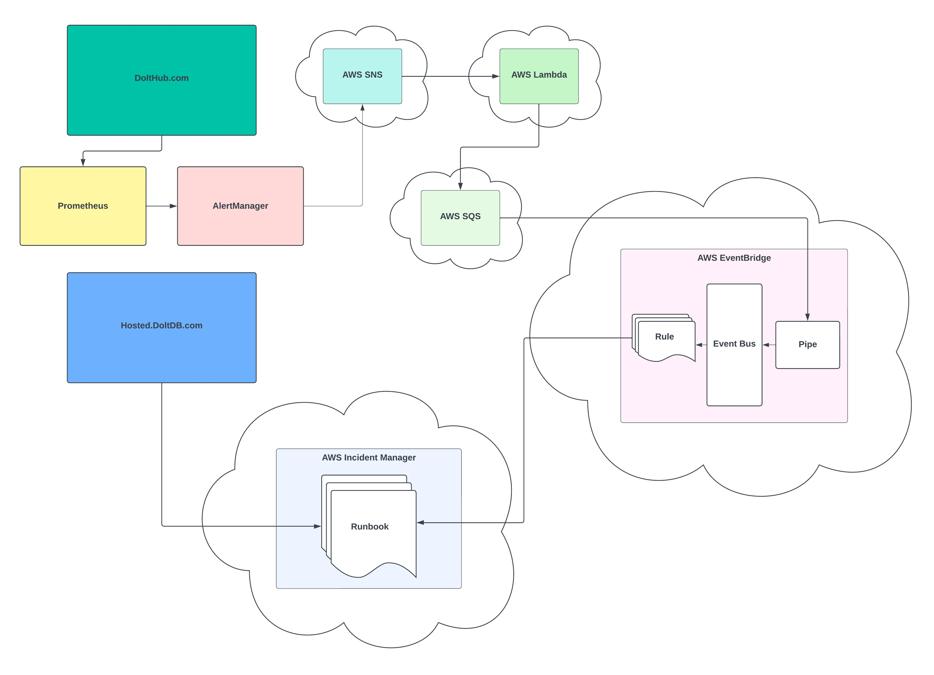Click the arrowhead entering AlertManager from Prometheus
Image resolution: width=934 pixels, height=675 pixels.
click(x=173, y=206)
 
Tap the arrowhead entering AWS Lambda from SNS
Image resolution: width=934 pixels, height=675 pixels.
click(x=495, y=76)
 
